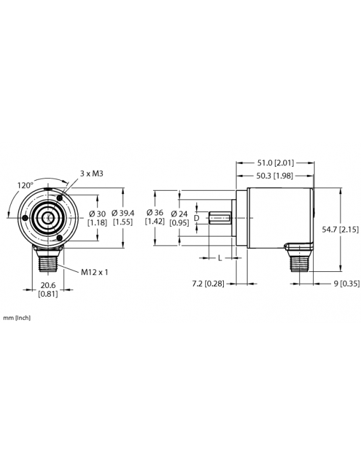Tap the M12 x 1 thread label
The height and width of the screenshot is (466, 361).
click(x=95, y=272)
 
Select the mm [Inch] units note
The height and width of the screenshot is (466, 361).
click(x=17, y=317)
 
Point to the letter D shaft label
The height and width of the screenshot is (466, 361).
click(x=196, y=218)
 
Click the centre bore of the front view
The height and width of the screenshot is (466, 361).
click(x=48, y=218)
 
